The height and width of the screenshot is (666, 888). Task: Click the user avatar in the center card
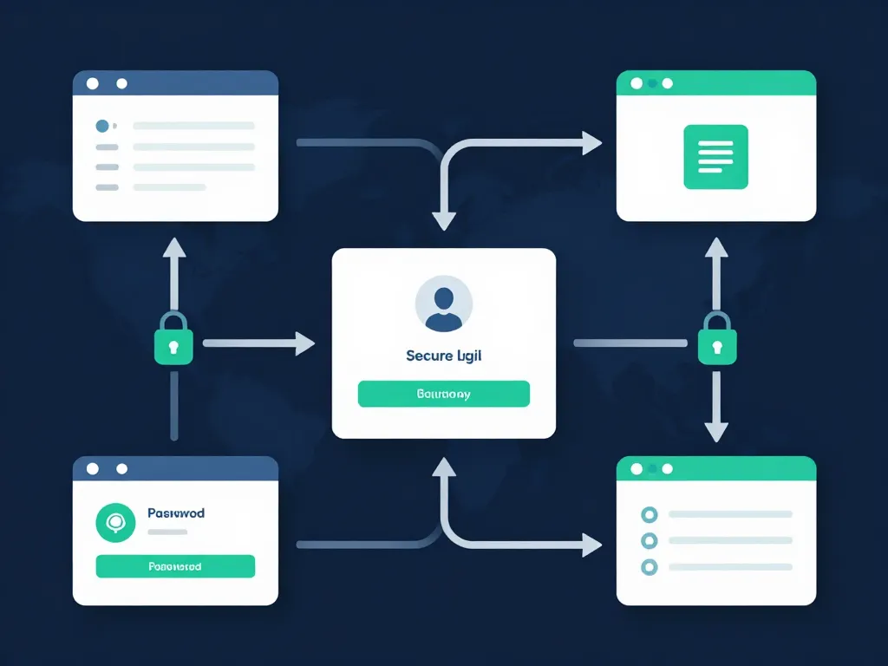[x=444, y=304]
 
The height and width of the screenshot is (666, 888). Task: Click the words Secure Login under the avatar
[x=443, y=356]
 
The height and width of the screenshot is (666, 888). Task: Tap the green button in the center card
[x=443, y=394]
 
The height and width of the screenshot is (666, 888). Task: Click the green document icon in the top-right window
[x=715, y=157]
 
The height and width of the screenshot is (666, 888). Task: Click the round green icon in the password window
[x=115, y=523]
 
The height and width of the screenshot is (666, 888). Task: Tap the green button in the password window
[x=175, y=566]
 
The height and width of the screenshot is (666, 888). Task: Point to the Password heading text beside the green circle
[x=176, y=513]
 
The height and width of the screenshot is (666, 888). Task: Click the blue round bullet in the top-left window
[x=102, y=126]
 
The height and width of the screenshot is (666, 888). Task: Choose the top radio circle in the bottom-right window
[x=648, y=514]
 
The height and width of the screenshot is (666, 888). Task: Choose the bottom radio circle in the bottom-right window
[x=648, y=567]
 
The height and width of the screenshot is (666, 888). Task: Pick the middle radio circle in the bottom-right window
[x=648, y=541]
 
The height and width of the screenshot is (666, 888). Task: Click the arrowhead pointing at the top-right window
[x=592, y=143]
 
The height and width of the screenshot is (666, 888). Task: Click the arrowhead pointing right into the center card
[x=304, y=343]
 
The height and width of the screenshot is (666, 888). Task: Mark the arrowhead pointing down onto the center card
[x=444, y=220]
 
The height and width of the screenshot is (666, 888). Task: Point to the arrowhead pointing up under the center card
[x=444, y=468]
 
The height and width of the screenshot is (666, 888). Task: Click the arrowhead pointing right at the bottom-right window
[x=592, y=545]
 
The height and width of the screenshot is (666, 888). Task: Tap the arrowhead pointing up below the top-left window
[x=174, y=246]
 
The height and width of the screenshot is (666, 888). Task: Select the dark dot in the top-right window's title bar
[x=667, y=83]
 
